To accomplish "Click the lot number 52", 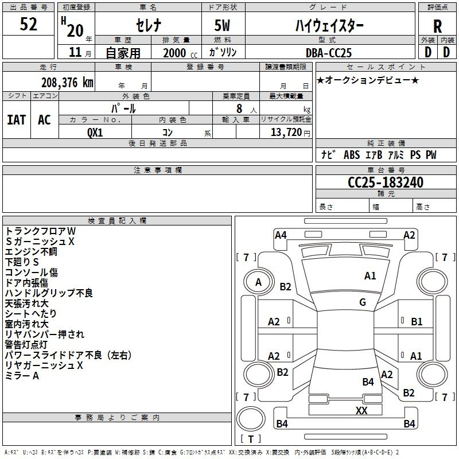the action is pos(28,24).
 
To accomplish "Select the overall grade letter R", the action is pos(437,26).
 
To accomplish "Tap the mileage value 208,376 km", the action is pos(67,83).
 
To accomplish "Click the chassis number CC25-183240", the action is pos(386,182).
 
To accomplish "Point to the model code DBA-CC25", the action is pos(328,53).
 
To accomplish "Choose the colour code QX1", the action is pos(95,133).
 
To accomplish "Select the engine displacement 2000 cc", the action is pos(180,53).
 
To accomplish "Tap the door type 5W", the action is pos(222,25).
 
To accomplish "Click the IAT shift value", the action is pos(17,120).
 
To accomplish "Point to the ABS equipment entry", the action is pos(352,155).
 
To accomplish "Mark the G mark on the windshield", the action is pos(363,302).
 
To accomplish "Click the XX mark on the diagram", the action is pos(361,410).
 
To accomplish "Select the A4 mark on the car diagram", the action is pos(281,235).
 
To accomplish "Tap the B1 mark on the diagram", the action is pos(417,322).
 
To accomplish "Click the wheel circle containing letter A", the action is pos(258,282).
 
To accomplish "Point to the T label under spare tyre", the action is pos(251,439).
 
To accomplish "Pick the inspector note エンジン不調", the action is pos(31,252).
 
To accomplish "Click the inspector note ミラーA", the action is pos(22,376).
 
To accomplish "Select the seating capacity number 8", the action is pos(239,108).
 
